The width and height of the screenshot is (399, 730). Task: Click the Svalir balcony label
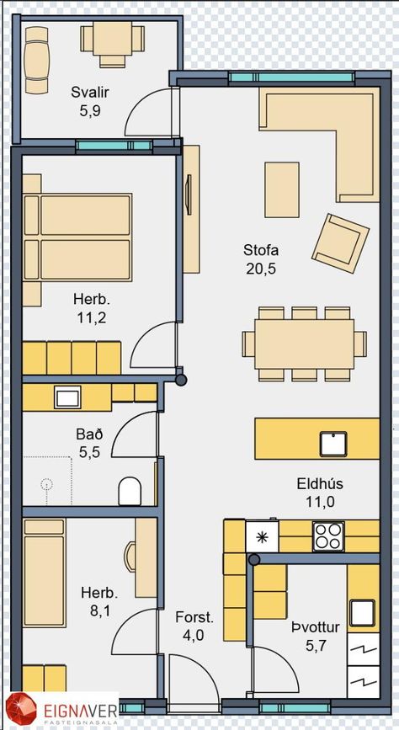coord(90,92)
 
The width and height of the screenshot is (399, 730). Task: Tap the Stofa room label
coord(261,250)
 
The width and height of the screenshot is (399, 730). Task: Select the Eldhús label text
coord(320,483)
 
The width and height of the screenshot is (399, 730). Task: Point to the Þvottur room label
coord(315,627)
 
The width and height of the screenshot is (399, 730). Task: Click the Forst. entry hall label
coord(194,618)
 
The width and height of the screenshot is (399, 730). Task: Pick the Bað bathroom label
coord(89,434)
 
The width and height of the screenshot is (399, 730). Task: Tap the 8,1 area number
coord(100,610)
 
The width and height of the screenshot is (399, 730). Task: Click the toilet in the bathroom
coord(130,491)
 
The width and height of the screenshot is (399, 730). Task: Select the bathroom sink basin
coord(67,397)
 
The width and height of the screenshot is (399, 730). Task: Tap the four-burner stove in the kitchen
coord(328,536)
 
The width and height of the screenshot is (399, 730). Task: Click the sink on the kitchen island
coord(333,444)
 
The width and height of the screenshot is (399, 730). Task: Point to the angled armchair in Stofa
coord(340,243)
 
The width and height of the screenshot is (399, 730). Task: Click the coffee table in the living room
coord(282,189)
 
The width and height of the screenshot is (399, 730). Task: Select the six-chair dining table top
coord(304,344)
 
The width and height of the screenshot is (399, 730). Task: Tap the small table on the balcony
coord(112,39)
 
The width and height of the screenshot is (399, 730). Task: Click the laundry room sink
coord(363,613)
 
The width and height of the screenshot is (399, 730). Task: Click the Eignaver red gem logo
coord(21,711)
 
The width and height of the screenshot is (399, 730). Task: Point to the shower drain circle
coord(46,484)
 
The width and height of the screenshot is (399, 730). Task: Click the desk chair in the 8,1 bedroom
coord(130,557)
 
